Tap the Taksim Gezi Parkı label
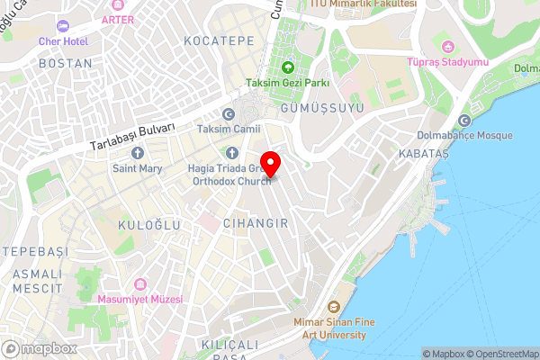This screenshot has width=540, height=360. pos(288,84)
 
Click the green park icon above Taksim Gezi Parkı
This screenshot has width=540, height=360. pos(288,67)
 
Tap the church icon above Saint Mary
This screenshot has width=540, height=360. pos(137,152)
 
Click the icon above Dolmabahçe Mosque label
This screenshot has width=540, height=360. pos(464,121)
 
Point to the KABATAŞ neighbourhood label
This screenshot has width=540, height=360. pos(423,155)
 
